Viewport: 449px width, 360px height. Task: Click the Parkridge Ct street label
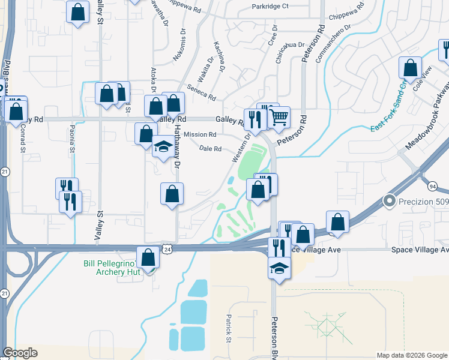270,7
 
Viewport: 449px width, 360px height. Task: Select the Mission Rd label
200,134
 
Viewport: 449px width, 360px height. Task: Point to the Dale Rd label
210,149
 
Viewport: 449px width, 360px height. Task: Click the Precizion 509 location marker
390,201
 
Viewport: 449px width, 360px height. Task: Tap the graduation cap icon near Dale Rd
163,146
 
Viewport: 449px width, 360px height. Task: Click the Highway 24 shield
168,248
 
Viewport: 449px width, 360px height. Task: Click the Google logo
20,352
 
